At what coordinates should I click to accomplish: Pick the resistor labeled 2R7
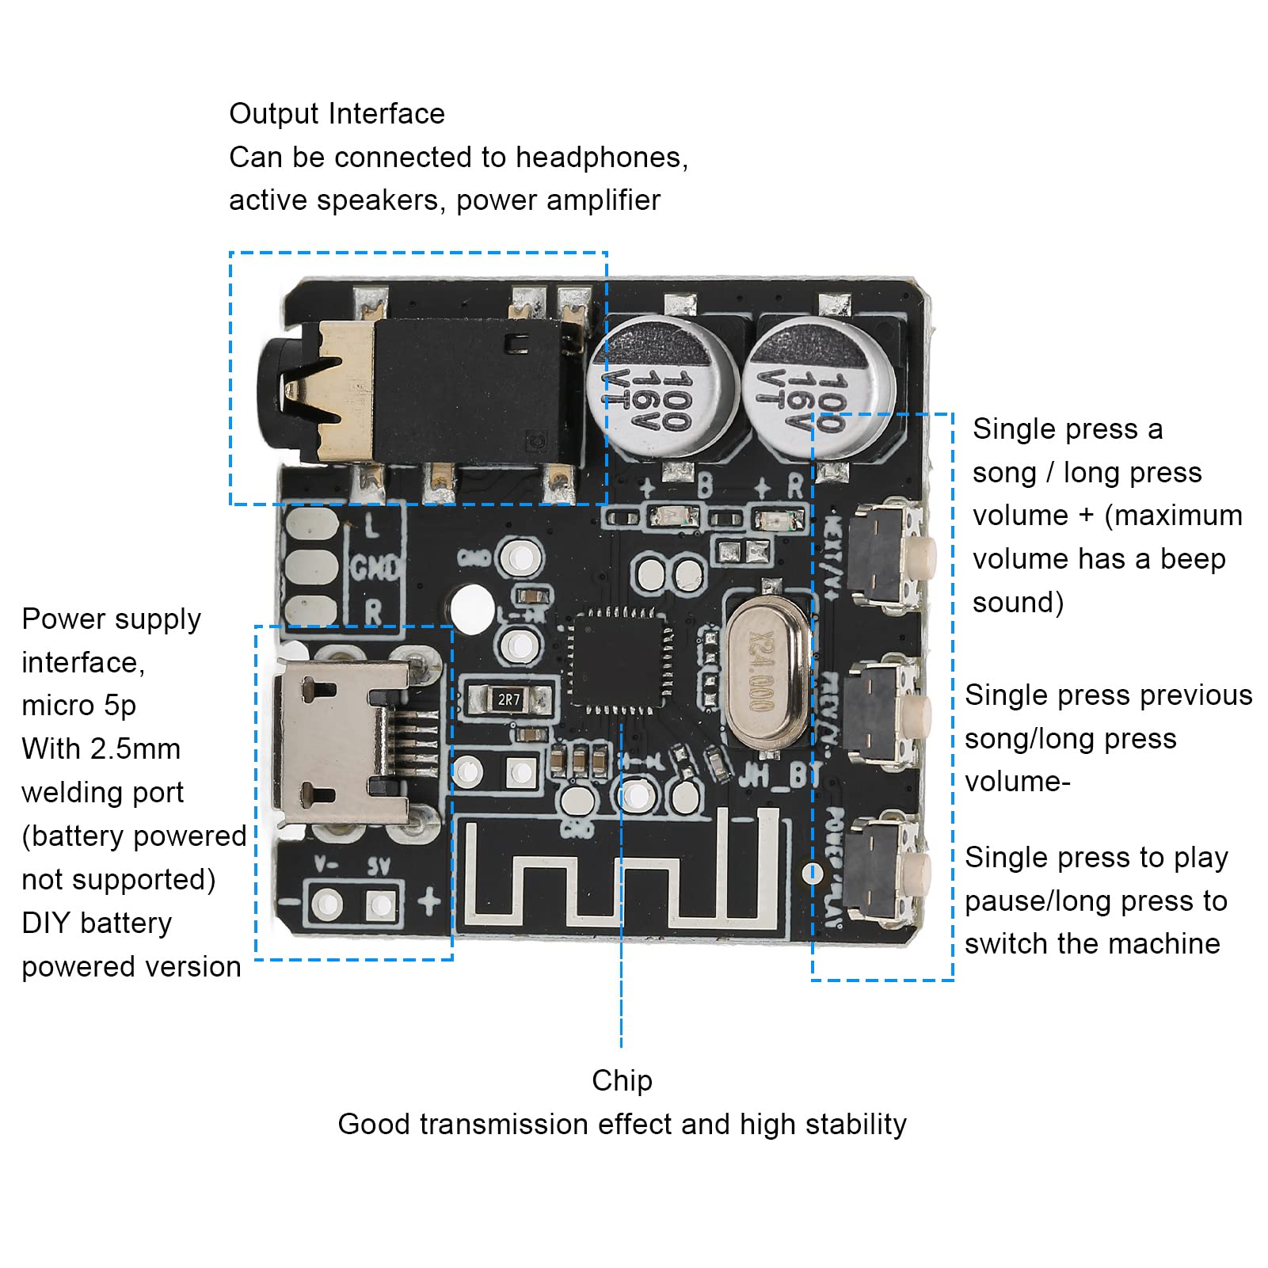click(x=508, y=699)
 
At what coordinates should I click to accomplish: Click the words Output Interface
click(x=337, y=114)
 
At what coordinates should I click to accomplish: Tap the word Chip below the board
click(x=622, y=1080)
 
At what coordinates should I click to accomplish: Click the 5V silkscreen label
click(x=379, y=867)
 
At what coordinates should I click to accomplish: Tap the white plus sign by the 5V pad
click(x=430, y=901)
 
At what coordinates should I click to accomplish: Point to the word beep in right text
click(x=1193, y=559)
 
